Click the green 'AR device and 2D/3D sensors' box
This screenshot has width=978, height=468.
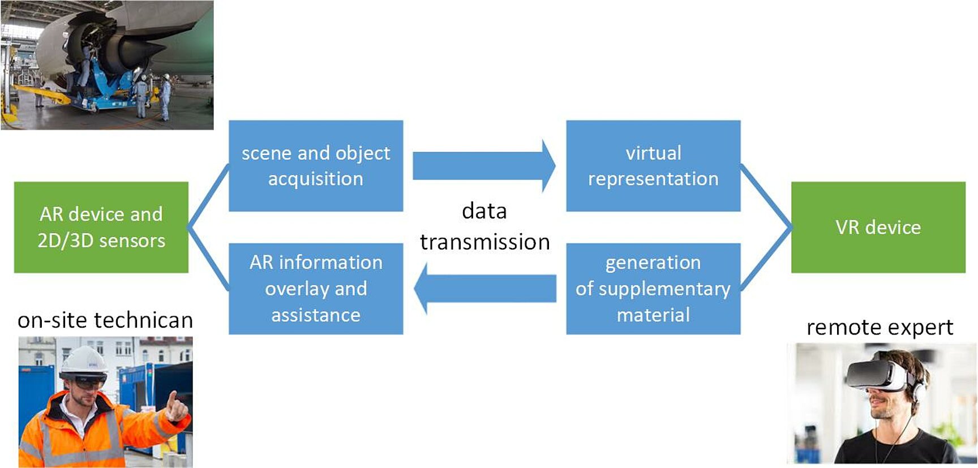101,227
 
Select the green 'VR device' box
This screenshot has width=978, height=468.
878,227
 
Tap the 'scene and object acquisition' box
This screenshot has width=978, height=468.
316,165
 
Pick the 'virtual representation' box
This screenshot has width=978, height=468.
653,165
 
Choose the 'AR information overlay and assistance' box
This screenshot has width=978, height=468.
316,288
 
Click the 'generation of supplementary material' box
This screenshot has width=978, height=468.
653,288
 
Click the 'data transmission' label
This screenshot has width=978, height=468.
484,226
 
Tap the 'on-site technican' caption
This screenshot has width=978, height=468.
105,320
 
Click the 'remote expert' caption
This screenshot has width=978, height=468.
880,327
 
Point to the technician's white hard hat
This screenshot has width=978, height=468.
83,360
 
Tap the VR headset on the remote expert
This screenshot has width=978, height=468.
877,374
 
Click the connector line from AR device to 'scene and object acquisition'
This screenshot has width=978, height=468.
208,196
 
